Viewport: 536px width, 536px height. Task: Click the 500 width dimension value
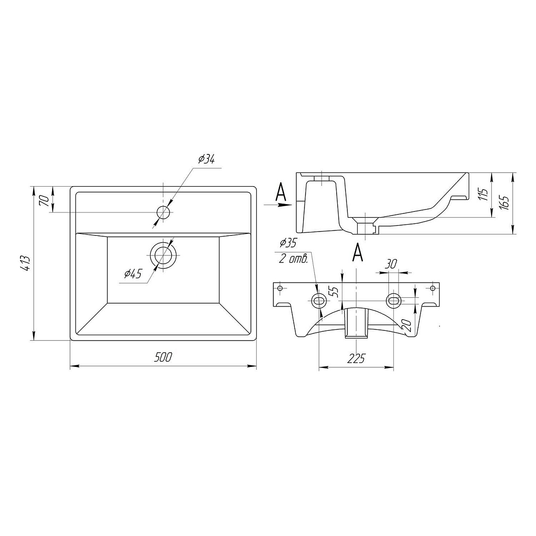[x=163, y=357]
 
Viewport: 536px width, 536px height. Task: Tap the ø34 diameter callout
[x=206, y=159]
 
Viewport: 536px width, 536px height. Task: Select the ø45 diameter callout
[x=133, y=274]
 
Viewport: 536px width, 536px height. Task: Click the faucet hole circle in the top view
[x=163, y=212]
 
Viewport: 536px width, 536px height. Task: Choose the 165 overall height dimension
[x=504, y=202]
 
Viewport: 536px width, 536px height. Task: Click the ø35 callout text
[x=288, y=243]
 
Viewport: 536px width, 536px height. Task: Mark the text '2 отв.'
[x=294, y=259]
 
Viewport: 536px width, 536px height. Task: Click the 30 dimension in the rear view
[x=391, y=264]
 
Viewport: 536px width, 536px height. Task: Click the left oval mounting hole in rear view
[x=319, y=301]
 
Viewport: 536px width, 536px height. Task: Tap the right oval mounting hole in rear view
[x=394, y=301]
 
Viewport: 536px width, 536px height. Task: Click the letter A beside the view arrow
[x=281, y=192]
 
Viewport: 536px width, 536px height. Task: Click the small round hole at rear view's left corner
[x=280, y=288]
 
